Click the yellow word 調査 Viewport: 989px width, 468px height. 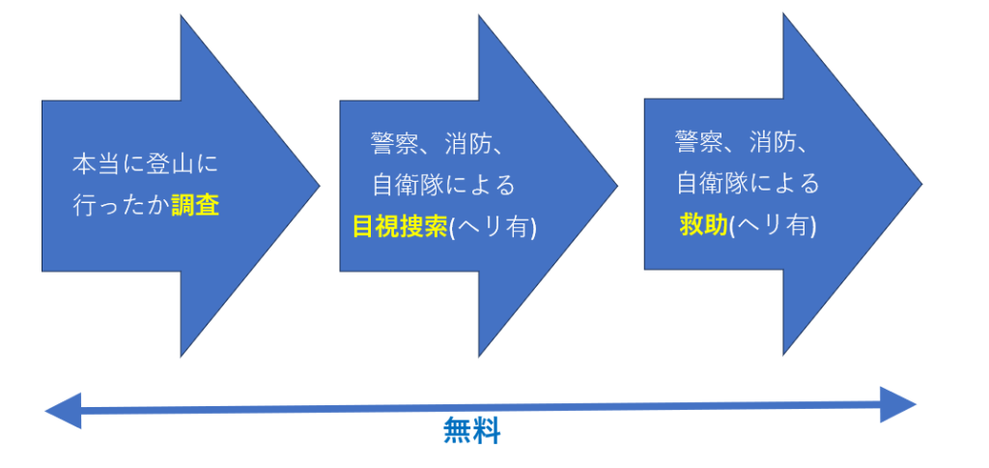click(x=195, y=206)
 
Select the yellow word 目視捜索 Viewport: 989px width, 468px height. click(x=400, y=227)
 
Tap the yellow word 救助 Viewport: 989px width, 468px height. click(x=704, y=225)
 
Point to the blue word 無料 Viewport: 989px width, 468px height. click(x=471, y=432)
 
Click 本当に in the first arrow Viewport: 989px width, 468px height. click(x=108, y=164)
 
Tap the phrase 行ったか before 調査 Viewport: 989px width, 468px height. click(x=121, y=206)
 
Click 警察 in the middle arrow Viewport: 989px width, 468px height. click(x=394, y=143)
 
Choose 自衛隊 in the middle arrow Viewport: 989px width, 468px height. click(x=408, y=185)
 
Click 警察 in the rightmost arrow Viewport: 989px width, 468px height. click(x=699, y=142)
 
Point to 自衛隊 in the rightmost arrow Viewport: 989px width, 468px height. click(x=713, y=183)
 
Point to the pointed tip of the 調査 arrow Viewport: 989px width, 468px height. click(x=320, y=186)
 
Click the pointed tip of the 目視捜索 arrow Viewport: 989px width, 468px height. click(x=617, y=186)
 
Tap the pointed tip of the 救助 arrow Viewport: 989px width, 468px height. click(x=922, y=185)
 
